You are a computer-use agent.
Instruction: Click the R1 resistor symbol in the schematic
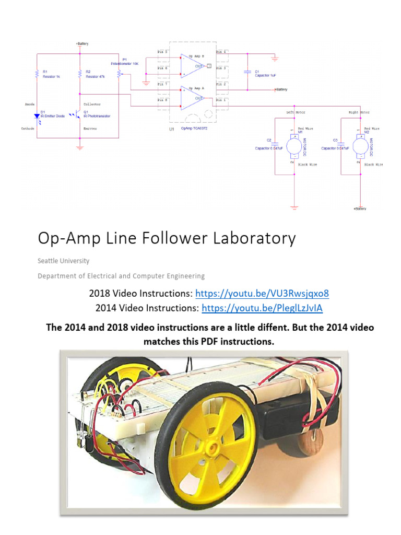pyautogui.click(x=37, y=75)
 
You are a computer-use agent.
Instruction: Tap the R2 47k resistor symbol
pyautogui.click(x=79, y=75)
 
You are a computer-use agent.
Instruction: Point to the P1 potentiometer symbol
pyautogui.click(x=120, y=74)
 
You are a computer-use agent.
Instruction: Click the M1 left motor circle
pyautogui.click(x=293, y=145)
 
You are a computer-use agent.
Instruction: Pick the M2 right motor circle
pyautogui.click(x=360, y=145)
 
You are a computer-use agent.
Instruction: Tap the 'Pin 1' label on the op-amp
pyautogui.click(x=221, y=100)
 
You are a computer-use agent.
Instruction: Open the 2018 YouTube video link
pyautogui.click(x=262, y=293)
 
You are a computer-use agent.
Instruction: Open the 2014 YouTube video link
pyautogui.click(x=262, y=308)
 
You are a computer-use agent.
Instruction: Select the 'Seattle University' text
pyautogui.click(x=63, y=261)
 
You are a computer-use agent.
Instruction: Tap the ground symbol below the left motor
pyautogui.click(x=293, y=208)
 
